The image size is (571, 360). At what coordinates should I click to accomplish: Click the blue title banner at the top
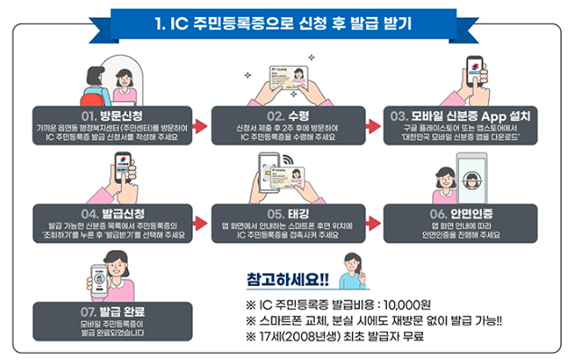click(285, 21)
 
